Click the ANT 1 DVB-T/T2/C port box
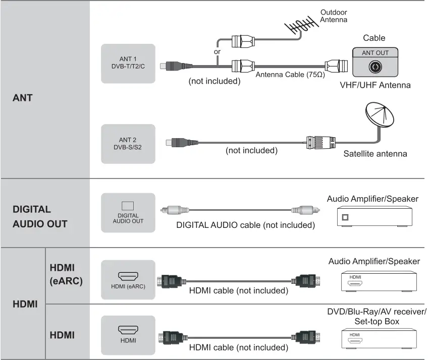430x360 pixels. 128,63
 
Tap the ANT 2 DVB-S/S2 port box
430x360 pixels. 128,144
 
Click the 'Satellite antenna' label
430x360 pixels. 375,153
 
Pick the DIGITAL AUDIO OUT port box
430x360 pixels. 128,212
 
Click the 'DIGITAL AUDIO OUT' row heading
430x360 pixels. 39,216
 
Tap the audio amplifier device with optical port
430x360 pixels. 374,217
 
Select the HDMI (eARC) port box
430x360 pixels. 128,280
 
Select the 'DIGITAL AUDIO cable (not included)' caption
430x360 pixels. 245,225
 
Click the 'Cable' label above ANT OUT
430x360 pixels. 374,38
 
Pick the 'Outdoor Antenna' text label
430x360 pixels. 334,16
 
